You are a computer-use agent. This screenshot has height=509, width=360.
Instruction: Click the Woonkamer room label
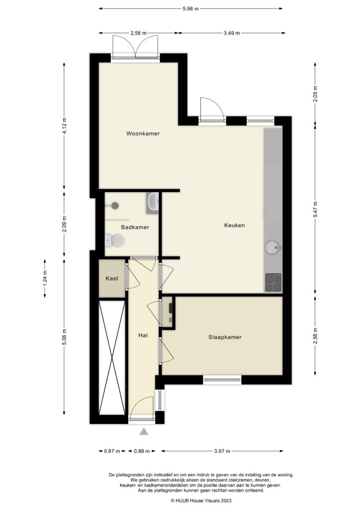pyautogui.click(x=143, y=134)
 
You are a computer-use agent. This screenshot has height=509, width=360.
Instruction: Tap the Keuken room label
pyautogui.click(x=234, y=225)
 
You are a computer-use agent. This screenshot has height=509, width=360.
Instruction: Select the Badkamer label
pyautogui.click(x=135, y=227)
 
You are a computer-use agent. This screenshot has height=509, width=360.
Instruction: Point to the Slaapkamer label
pyautogui.click(x=225, y=337)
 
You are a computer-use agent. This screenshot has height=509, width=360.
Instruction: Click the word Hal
pyautogui.click(x=143, y=336)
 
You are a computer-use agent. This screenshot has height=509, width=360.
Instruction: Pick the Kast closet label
pyautogui.click(x=112, y=279)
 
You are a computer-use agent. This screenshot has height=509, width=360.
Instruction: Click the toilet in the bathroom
pyautogui.click(x=115, y=241)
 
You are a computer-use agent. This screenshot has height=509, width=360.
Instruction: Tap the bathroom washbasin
pyautogui.click(x=153, y=202)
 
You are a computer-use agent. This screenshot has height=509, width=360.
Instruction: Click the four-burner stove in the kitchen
pyautogui.click(x=272, y=282)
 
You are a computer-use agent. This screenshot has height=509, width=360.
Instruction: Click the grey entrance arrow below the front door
pyautogui.click(x=144, y=431)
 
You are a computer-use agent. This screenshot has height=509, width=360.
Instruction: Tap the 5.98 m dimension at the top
pyautogui.click(x=190, y=8)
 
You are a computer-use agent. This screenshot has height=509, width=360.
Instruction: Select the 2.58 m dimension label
pyautogui.click(x=138, y=33)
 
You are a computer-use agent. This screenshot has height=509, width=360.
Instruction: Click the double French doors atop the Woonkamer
pyautogui.click(x=135, y=49)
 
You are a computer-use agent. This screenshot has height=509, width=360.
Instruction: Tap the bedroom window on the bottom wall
pyautogui.click(x=222, y=380)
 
